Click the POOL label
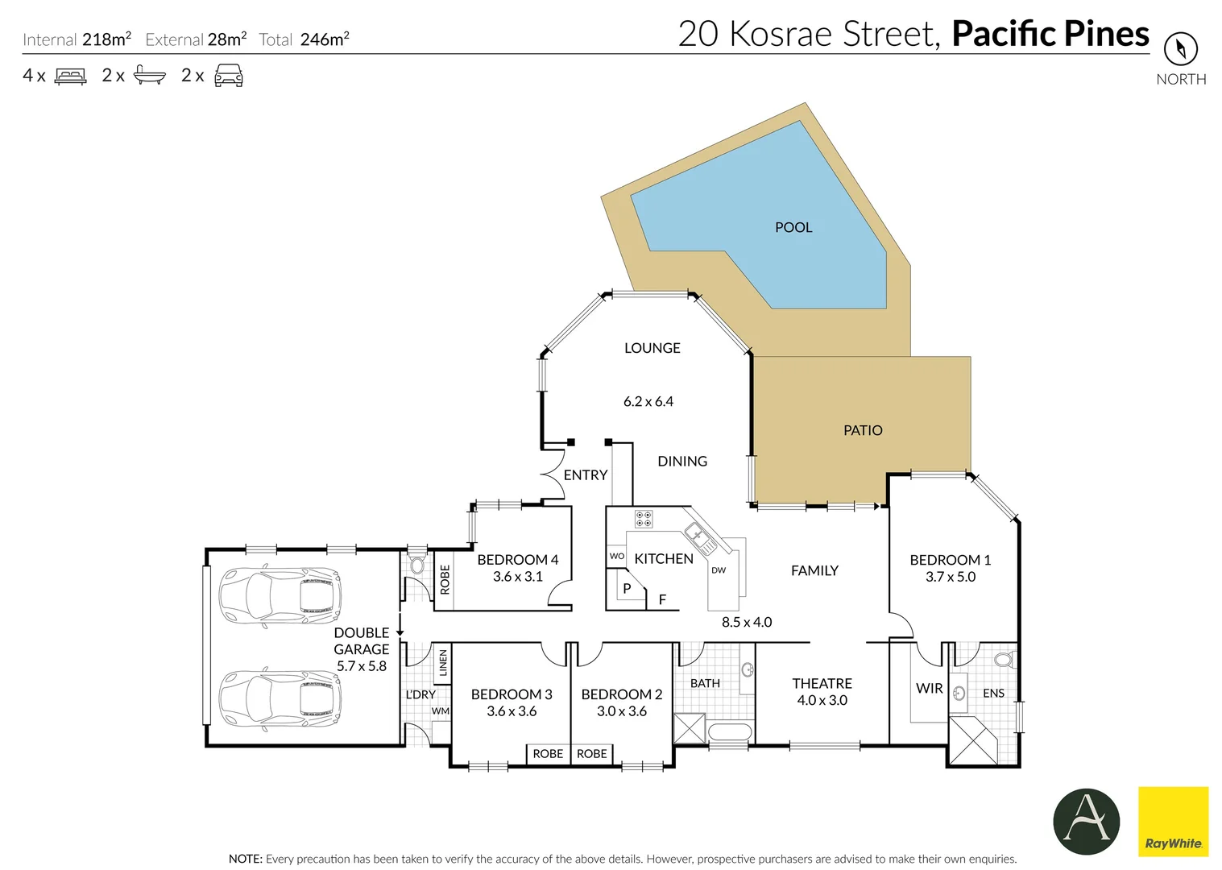(793, 227)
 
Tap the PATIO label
(862, 430)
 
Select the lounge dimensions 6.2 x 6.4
(648, 401)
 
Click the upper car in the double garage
(280, 596)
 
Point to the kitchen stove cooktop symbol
(644, 519)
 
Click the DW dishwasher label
(719, 570)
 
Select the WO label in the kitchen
(616, 556)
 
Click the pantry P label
(627, 589)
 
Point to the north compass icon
(1180, 49)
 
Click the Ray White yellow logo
(1173, 821)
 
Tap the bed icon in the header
(70, 76)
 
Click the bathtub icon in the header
(149, 76)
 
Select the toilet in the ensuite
(1004, 660)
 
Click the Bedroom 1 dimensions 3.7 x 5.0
(950, 577)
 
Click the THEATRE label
(822, 683)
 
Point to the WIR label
(929, 689)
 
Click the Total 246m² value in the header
(324, 39)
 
